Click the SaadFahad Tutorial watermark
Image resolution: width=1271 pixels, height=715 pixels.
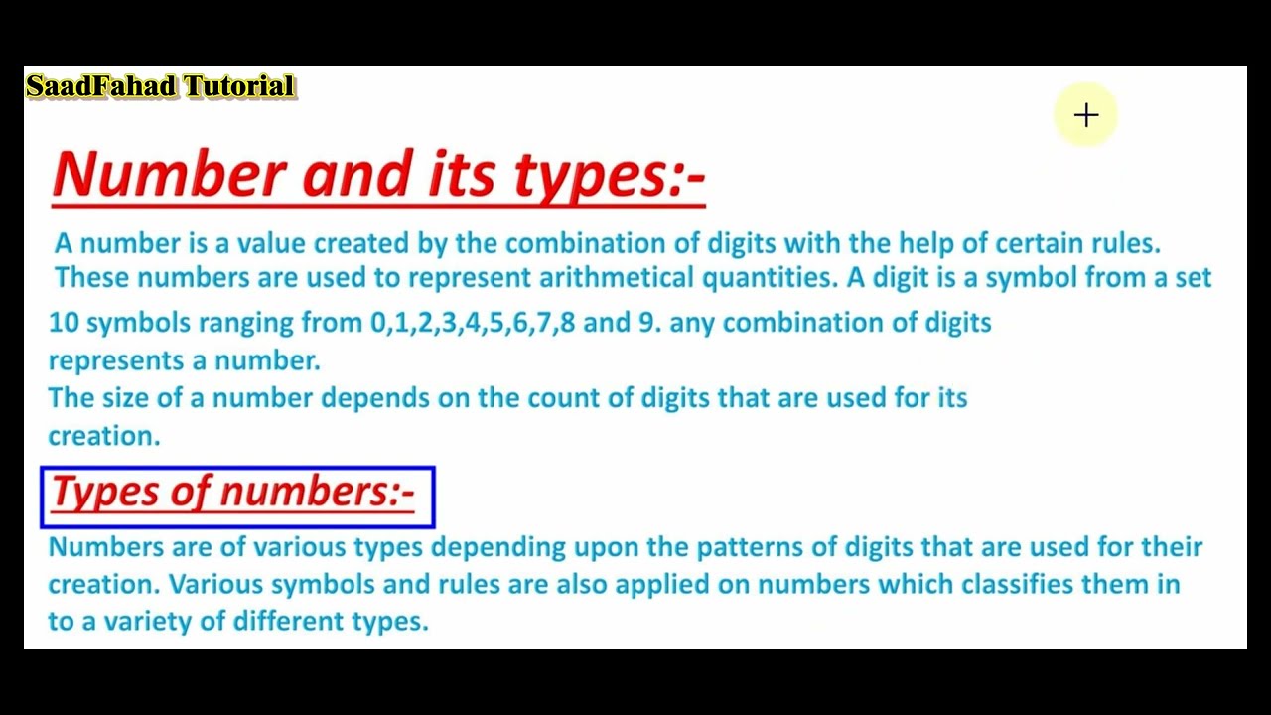160,86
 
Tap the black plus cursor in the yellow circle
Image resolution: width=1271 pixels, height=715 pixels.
1086,116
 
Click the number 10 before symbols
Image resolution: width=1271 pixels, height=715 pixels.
63,323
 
